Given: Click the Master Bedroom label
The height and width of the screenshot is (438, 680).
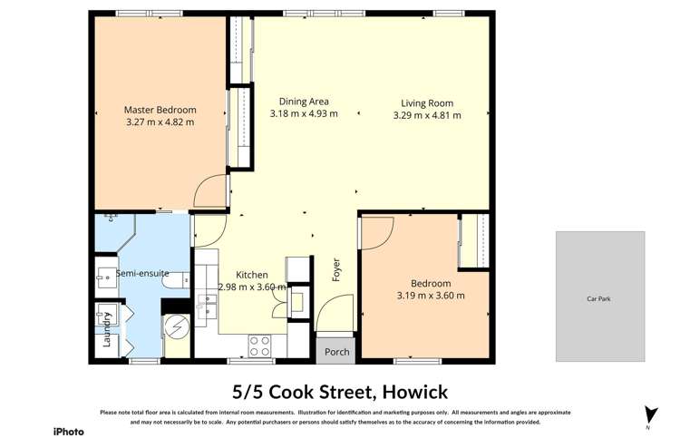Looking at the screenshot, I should [159, 110].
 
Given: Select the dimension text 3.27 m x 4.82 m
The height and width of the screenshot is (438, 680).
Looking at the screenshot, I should [159, 122].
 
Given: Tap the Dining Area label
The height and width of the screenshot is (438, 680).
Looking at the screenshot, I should [304, 102].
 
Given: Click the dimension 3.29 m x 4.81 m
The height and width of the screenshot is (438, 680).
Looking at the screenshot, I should [427, 115].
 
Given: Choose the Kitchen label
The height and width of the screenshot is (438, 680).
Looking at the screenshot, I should [252, 275].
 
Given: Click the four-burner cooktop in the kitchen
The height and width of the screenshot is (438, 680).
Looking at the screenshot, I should [260, 346].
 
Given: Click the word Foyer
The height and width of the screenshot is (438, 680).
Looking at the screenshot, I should [335, 268].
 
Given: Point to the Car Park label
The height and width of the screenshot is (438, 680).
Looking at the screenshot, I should [599, 298].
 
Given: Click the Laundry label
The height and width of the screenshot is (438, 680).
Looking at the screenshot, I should [107, 330].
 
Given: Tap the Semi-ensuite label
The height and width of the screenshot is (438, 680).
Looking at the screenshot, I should [142, 273].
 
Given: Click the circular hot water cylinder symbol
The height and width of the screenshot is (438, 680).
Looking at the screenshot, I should [176, 326].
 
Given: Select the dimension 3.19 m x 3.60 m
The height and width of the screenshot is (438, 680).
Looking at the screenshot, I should [431, 295].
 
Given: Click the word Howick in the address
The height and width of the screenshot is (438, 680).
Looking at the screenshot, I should [413, 392].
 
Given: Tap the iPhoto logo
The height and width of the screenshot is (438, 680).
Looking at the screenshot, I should [68, 431].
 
